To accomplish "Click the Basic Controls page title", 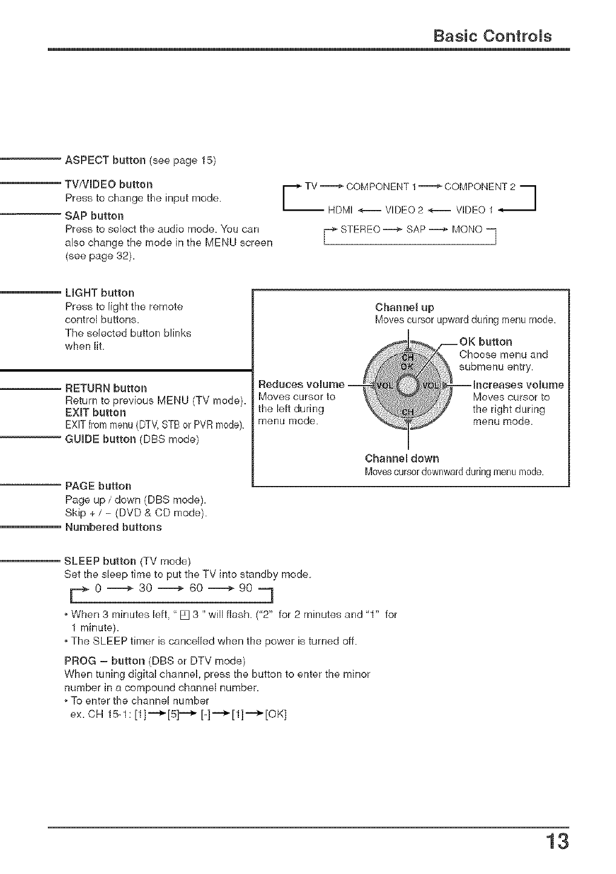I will click(493, 36).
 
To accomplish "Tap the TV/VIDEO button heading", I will click(109, 184).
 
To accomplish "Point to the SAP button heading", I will click(94, 216).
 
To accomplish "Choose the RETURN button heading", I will click(106, 388).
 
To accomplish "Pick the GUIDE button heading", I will click(100, 439).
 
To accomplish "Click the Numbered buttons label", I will click(113, 527).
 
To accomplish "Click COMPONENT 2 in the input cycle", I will click(479, 186).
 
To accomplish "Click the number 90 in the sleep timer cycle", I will click(245, 588).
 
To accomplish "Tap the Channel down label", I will click(402, 458).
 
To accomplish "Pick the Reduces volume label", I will click(301, 384).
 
